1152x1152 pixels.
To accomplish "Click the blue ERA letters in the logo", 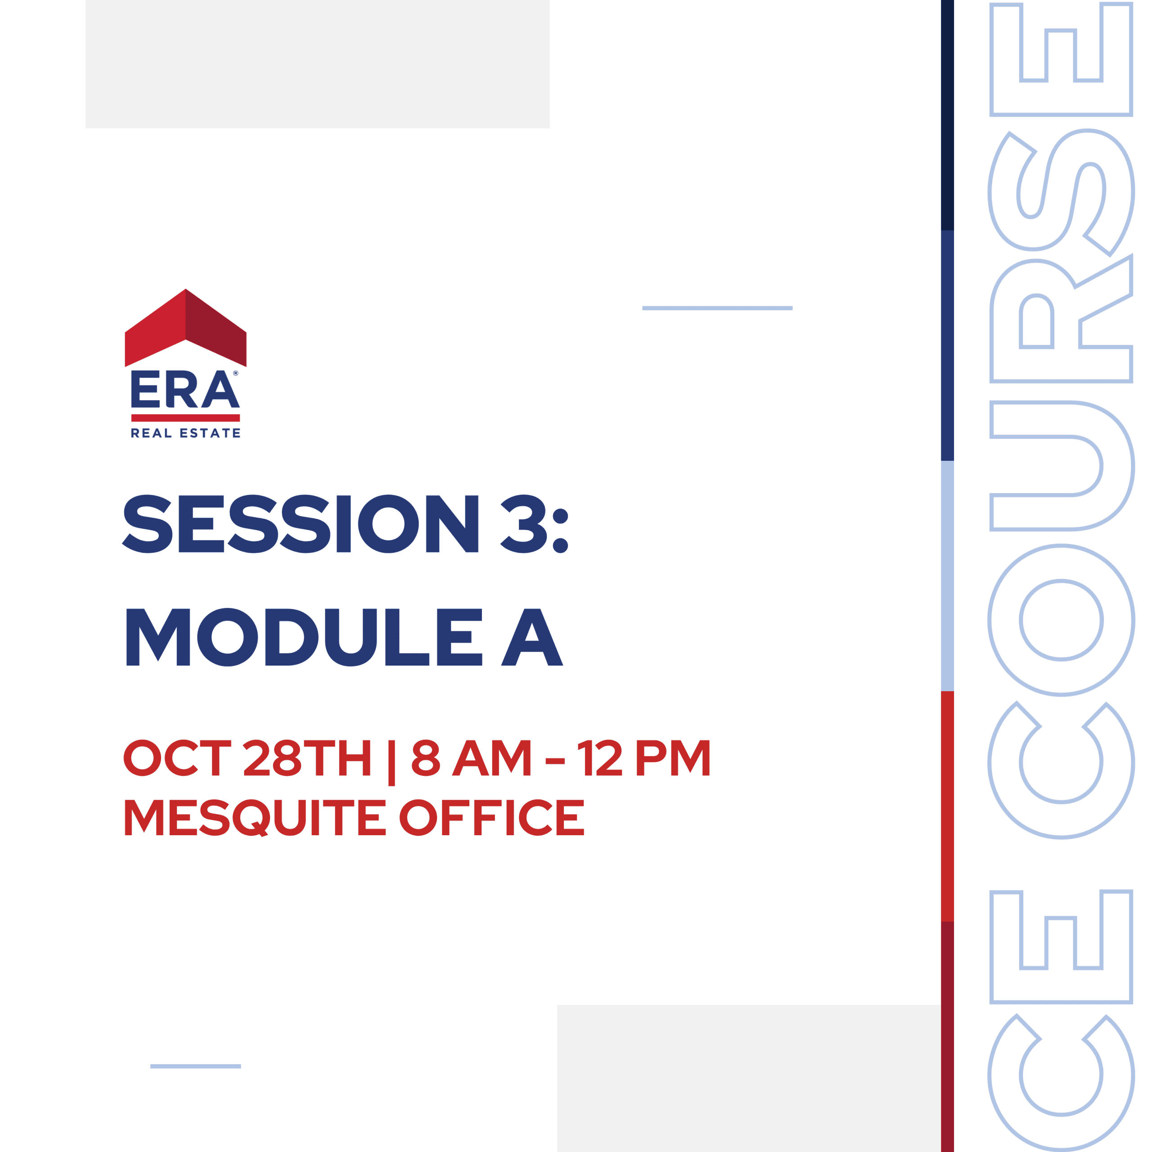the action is (185, 389).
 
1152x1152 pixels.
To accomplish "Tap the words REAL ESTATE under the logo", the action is (185, 433).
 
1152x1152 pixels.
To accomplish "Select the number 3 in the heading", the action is (523, 523).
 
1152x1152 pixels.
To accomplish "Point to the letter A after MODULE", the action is (532, 637).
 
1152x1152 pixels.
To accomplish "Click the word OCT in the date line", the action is (177, 758).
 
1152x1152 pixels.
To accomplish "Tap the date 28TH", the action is (307, 758).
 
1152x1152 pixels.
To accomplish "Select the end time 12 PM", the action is (644, 758).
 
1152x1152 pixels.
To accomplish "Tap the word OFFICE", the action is (492, 818).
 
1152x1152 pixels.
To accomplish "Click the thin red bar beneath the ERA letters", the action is (185, 418).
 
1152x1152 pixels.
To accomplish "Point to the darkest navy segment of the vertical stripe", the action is (948, 115).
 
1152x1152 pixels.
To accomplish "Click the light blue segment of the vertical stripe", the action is (948, 576).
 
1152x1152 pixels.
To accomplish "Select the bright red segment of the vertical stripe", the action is (948, 807).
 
